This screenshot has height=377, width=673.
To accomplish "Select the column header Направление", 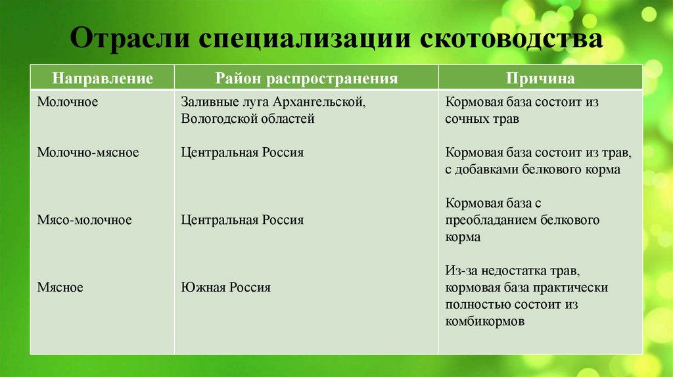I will pyautogui.click(x=103, y=79).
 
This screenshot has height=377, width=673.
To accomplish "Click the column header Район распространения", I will pyautogui.click(x=306, y=79).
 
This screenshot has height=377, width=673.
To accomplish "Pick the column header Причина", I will pyautogui.click(x=540, y=79).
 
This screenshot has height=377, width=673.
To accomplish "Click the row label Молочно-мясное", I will pyautogui.click(x=87, y=152).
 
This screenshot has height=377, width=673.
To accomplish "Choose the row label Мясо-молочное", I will pyautogui.click(x=84, y=220).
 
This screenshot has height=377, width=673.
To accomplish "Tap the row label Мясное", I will pyautogui.click(x=60, y=287).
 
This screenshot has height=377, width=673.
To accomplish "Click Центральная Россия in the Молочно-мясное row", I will pyautogui.click(x=242, y=152).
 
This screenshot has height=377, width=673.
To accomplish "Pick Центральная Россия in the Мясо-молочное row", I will pyautogui.click(x=242, y=220).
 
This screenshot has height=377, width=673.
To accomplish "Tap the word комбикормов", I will pyautogui.click(x=484, y=322).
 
